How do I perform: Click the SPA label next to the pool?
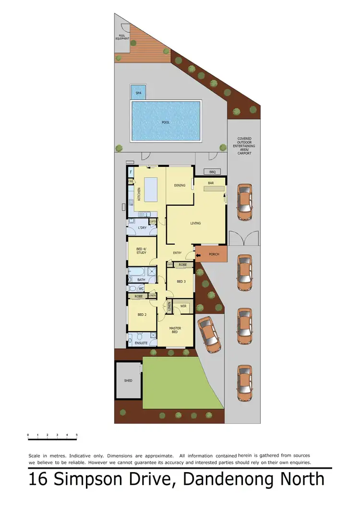[x=138, y=93]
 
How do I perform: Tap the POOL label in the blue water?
[x=166, y=122]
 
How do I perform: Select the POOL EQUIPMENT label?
[x=122, y=36]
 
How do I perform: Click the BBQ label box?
[x=212, y=172]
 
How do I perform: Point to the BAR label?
[x=210, y=183]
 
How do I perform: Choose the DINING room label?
[x=180, y=186]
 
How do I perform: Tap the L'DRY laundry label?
[x=142, y=227]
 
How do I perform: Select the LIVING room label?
[x=195, y=223]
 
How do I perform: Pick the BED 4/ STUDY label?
[x=141, y=250]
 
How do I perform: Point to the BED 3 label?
[x=181, y=282]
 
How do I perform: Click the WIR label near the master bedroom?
[x=183, y=306]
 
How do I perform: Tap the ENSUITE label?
[x=142, y=343]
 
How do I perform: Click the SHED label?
[x=128, y=380]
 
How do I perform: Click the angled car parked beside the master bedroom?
[x=209, y=332]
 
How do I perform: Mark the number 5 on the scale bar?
[x=77, y=435]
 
